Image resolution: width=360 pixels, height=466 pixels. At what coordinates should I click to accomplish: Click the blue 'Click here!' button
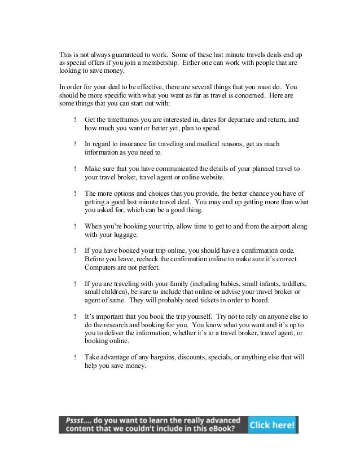(x=273, y=425)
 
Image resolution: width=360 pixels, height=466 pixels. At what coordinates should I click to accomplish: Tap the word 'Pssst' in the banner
(x=76, y=421)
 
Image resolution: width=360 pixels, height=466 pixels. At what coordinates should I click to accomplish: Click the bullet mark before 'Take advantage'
(x=75, y=357)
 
